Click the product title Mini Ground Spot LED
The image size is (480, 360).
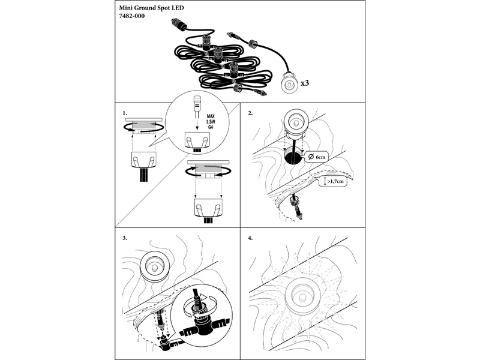coord(152,8)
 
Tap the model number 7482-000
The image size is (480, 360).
coord(131,16)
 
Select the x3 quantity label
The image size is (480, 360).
coord(305,83)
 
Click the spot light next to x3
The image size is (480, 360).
coord(289,82)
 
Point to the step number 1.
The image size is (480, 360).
coord(125,113)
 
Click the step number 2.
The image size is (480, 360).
coord(250,113)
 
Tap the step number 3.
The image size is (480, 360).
coord(125,238)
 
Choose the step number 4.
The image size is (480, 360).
coord(250,238)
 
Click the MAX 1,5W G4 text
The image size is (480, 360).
coord(211,122)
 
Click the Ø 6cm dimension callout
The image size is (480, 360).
coord(316,157)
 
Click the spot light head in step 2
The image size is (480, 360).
coord(295,124)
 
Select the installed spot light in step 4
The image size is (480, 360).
coord(302,296)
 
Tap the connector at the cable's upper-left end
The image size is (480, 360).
coord(177,24)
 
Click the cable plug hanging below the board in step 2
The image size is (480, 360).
coord(297,208)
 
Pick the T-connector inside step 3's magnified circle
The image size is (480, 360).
coord(202,328)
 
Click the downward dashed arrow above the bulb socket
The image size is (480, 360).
coord(197,124)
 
